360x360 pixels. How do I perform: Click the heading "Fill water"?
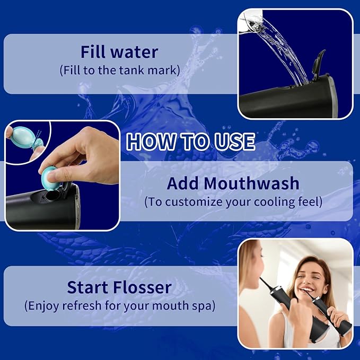(x=119, y=52)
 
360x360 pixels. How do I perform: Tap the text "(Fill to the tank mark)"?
(x=119, y=69)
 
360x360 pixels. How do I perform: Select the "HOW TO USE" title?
(x=190, y=142)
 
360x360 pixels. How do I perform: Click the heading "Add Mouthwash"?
(x=233, y=183)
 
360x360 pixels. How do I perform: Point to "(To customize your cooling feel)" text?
(x=233, y=202)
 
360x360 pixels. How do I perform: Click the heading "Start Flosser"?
(x=119, y=287)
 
